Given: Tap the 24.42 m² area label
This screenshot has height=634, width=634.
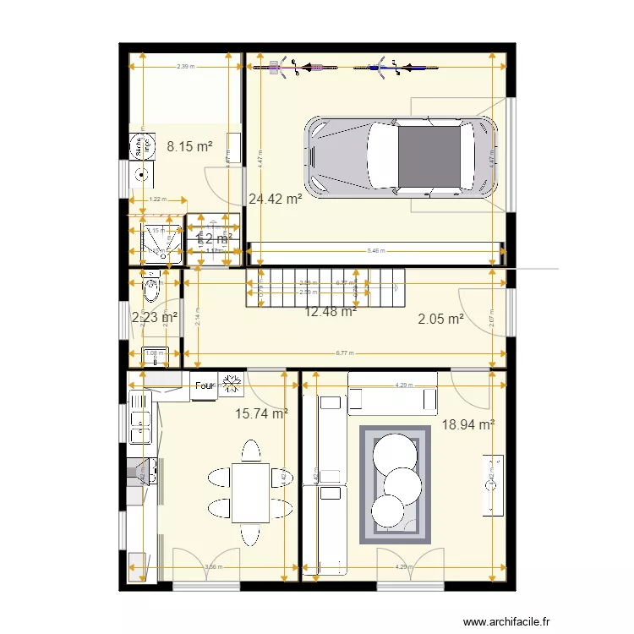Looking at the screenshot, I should (x=276, y=199).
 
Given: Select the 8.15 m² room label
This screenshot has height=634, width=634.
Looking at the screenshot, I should (x=189, y=146).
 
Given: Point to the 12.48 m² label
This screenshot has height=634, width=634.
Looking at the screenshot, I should (x=330, y=311).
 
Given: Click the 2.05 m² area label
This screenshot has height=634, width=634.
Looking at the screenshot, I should (x=440, y=319).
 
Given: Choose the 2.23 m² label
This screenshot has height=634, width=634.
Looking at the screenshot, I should (x=155, y=318).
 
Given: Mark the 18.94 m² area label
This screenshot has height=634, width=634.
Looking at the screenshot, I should (x=467, y=425).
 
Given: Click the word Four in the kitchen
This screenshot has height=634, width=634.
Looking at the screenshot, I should (x=205, y=386).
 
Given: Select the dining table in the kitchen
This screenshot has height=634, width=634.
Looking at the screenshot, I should (x=251, y=492).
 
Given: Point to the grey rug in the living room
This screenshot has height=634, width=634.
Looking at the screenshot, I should (x=395, y=484).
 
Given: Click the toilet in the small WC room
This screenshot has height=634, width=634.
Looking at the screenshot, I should (x=151, y=288).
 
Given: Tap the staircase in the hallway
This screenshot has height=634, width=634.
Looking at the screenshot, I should (x=325, y=287).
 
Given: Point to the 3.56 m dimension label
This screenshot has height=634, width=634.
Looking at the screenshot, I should (x=212, y=567).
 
